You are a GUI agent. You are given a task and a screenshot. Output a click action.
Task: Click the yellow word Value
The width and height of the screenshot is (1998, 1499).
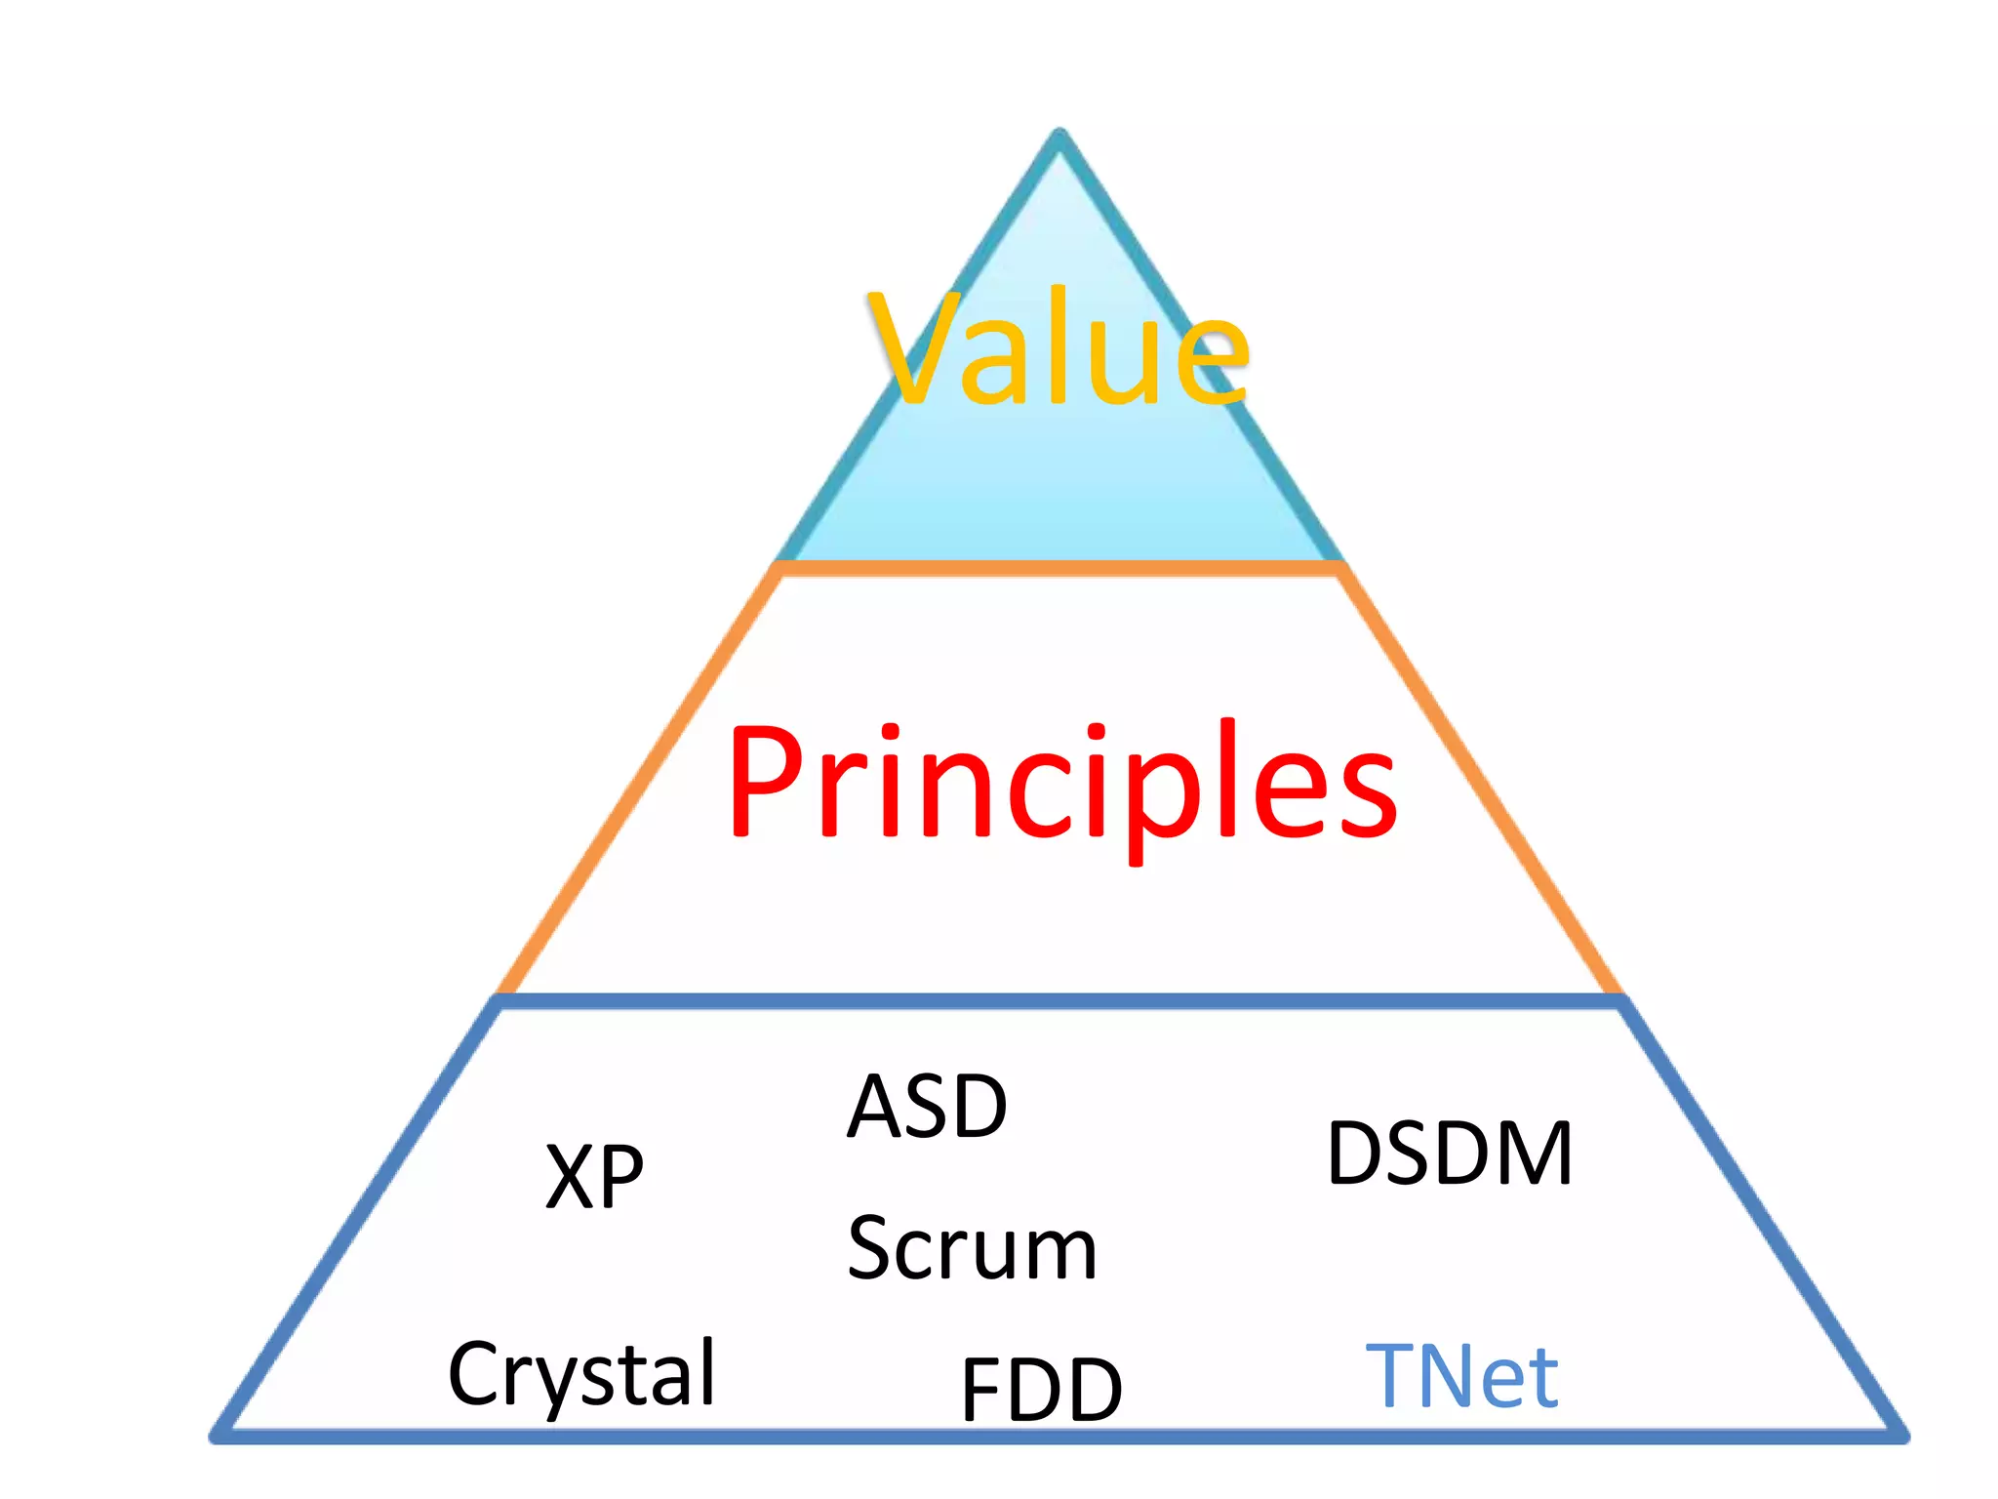point(1059,348)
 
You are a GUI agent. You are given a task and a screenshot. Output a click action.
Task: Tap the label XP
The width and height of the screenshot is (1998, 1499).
point(594,1176)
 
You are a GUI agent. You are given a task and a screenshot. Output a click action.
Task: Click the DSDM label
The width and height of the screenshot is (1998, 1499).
point(1449,1154)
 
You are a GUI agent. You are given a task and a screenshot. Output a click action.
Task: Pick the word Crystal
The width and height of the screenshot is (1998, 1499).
point(582,1374)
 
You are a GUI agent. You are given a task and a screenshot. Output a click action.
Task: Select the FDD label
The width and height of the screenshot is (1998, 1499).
point(1041,1389)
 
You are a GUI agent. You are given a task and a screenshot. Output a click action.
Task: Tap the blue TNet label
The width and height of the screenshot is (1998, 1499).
point(1461,1376)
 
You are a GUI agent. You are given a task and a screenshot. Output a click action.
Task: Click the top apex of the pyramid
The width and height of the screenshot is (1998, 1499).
point(1060,135)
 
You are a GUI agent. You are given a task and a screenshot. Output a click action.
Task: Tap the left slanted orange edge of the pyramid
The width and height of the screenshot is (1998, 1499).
point(639,781)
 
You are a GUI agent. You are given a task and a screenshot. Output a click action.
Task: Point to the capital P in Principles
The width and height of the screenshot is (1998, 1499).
point(766,781)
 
